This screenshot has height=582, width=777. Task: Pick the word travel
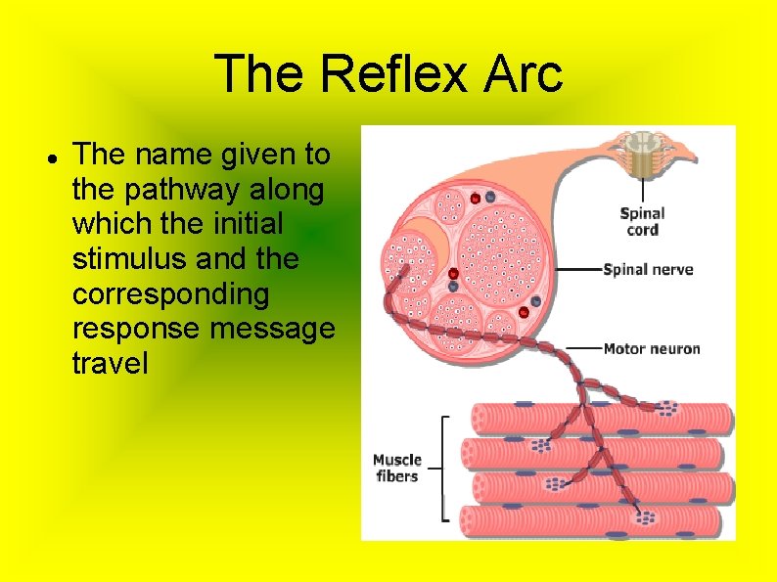(110, 364)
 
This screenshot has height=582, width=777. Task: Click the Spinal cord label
(642, 221)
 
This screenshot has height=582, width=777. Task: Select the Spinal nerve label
(648, 269)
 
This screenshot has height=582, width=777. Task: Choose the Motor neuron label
(652, 348)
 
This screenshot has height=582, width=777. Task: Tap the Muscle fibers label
(396, 468)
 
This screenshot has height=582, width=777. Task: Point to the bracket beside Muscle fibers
(445, 468)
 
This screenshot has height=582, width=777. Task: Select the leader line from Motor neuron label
(581, 348)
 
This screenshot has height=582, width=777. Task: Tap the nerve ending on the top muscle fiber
(668, 407)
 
